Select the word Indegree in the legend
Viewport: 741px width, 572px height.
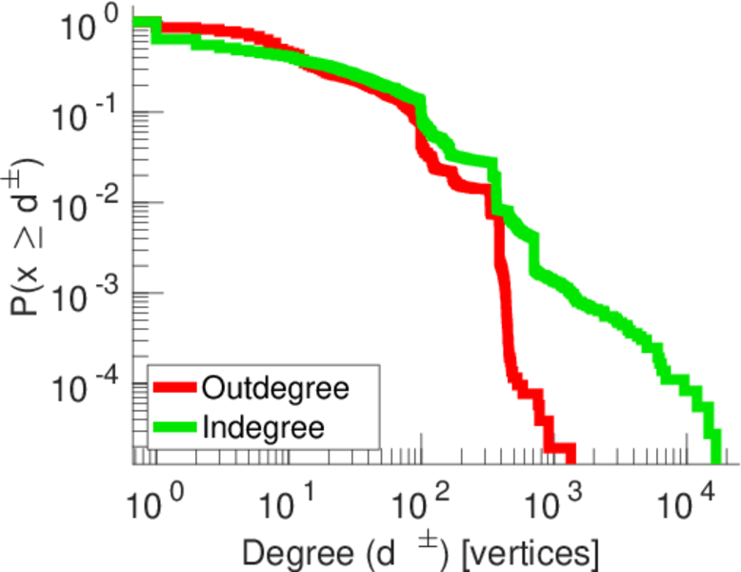(x=264, y=427)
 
